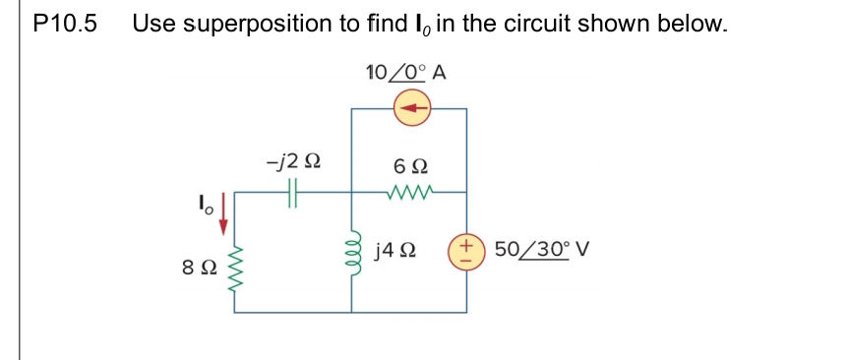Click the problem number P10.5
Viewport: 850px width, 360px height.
[x=65, y=23]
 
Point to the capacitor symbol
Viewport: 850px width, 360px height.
[x=292, y=194]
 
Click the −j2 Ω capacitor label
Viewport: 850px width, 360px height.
[x=292, y=161]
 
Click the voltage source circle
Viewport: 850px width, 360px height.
[x=465, y=250]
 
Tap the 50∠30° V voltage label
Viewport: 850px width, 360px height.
[x=542, y=249]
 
